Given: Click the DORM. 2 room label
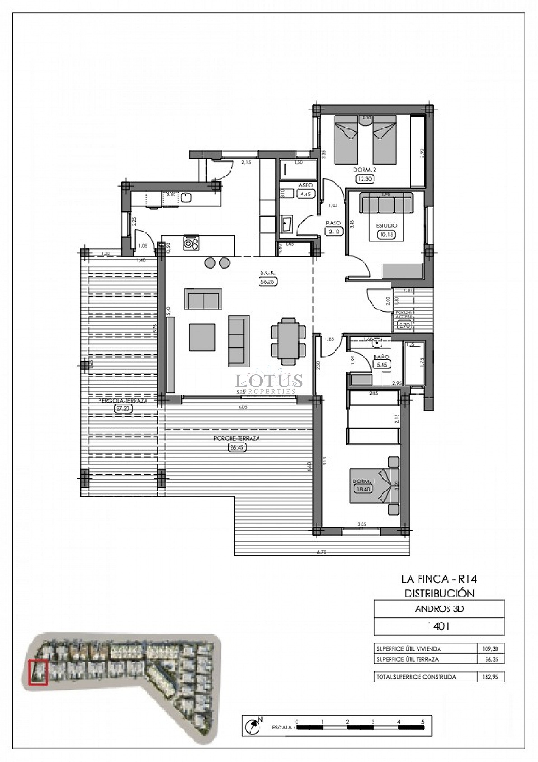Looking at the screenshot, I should (x=365, y=170).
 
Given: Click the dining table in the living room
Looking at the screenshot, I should (x=288, y=341).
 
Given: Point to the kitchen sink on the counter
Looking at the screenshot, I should (x=186, y=198).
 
